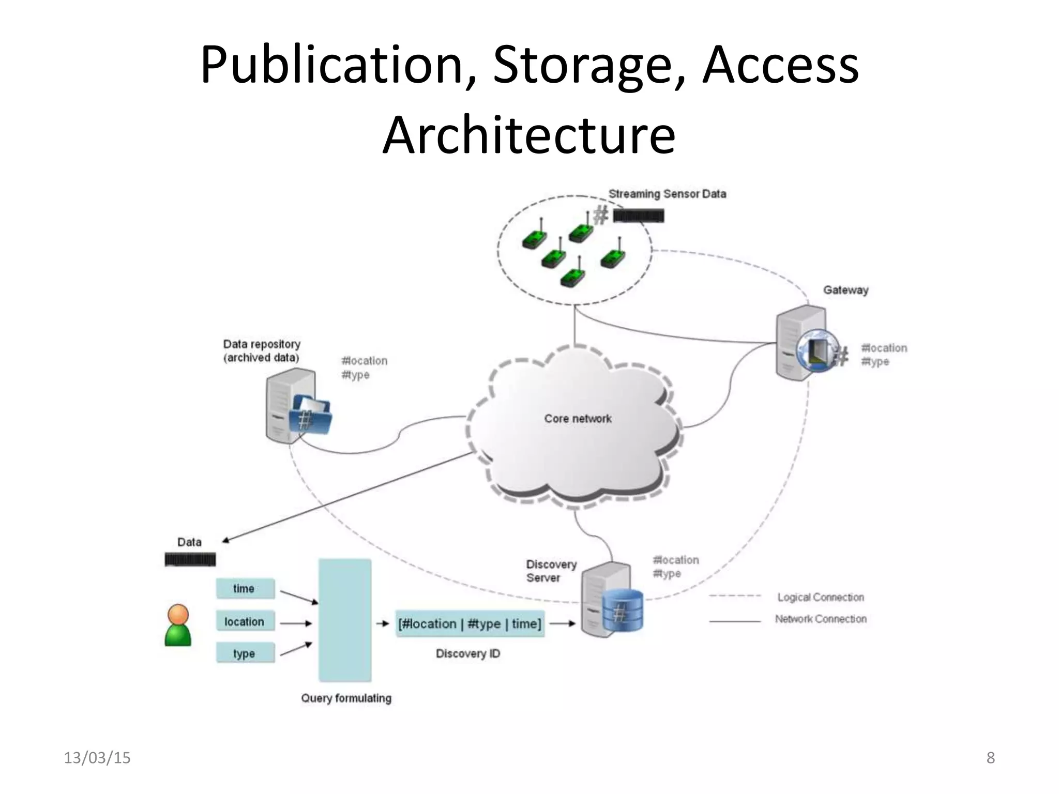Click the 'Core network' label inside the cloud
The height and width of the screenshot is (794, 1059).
point(578,419)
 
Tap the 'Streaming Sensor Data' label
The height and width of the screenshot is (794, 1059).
point(667,194)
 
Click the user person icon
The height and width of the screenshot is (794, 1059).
point(178,625)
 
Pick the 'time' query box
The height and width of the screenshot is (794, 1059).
point(245,588)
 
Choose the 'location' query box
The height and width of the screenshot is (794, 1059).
point(245,621)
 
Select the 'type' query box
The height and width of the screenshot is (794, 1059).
point(245,653)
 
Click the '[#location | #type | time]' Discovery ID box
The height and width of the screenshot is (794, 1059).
point(470,624)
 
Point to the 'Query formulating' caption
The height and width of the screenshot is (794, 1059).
point(346,698)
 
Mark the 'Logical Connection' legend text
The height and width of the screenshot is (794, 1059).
point(820,597)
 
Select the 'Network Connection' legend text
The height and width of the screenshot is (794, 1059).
point(820,619)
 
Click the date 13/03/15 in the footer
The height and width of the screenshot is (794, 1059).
point(97,758)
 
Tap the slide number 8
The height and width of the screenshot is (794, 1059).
point(990,758)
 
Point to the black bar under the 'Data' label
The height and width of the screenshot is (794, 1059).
point(190,559)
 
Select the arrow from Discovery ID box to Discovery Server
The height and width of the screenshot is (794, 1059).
point(562,624)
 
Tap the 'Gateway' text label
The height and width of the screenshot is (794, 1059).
point(845,290)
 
